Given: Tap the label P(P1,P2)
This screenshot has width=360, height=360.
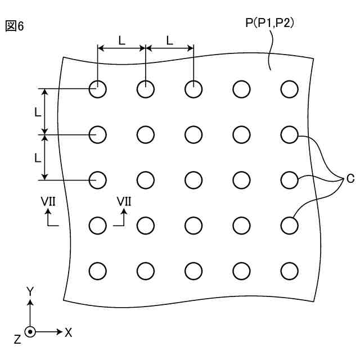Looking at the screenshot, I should coord(271,23).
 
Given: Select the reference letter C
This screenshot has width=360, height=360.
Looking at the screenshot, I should coord(350,179).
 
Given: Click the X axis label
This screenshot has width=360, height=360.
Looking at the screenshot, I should coord(68,332).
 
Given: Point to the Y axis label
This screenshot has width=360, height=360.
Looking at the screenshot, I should coord(30,291).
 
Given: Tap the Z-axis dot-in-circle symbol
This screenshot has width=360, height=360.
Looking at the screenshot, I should coord(30,332).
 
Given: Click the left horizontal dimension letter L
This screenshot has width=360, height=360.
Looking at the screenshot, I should coord(121,39).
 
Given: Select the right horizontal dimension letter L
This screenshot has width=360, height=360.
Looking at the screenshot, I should coord(169,39).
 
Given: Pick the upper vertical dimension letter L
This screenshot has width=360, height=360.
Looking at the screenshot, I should coord(37,112).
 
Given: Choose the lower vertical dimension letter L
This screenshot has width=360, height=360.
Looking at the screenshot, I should coord(37,158).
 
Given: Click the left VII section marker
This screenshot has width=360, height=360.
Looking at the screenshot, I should coord(48,201).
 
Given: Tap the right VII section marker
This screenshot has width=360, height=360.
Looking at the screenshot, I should coord(124,201).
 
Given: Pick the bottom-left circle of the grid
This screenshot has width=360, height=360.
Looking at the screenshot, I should coord(97,271).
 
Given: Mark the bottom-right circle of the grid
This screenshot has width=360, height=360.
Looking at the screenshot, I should coord(290,271).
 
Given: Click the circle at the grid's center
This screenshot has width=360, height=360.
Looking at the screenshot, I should coord(193,179).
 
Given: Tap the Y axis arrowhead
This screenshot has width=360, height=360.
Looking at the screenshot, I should coord(30,302).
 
